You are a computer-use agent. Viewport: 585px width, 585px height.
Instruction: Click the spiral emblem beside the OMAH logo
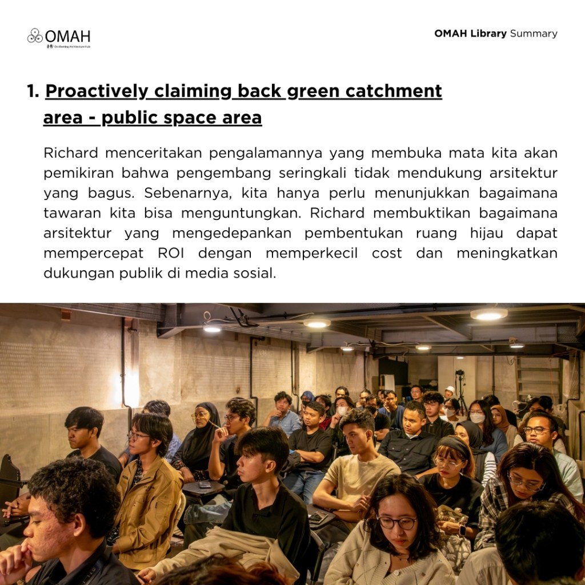[x=35, y=36]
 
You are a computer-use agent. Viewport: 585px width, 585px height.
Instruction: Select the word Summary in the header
[x=534, y=33]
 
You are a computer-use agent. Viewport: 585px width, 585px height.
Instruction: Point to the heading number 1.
[x=33, y=91]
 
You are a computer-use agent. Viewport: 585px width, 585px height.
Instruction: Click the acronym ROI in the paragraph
[x=171, y=253]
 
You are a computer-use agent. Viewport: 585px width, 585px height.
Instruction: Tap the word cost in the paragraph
[x=387, y=253]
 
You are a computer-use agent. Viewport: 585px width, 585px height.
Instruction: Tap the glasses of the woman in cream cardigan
[x=396, y=522]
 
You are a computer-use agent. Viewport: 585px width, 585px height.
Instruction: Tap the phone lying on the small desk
[x=205, y=485]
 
